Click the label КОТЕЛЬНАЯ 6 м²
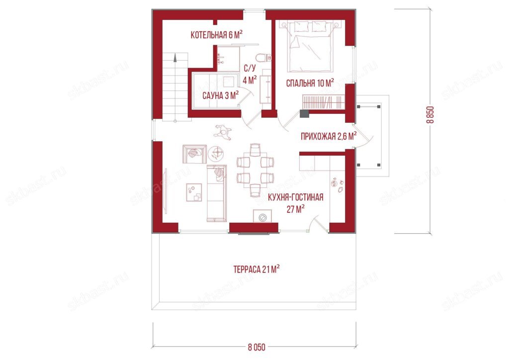(217, 34)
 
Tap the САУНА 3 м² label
(221, 95)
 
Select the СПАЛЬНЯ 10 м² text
(310, 83)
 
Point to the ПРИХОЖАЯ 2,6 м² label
(329, 136)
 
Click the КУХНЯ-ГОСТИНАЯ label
(295, 197)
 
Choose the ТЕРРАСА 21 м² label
(256, 270)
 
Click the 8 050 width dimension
(256, 348)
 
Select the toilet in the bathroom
(263, 58)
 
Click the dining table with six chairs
(255, 170)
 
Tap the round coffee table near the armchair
(216, 153)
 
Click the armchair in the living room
(194, 154)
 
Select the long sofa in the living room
(217, 193)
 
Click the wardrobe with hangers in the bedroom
(324, 101)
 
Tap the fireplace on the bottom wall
(262, 216)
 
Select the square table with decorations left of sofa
(194, 192)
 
